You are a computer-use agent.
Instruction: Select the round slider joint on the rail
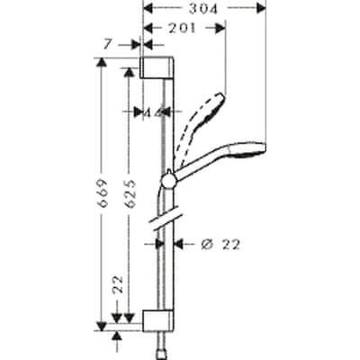(166, 181)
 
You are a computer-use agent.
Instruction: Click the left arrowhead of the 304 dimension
(148, 9)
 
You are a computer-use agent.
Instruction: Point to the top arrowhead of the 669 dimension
(102, 63)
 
